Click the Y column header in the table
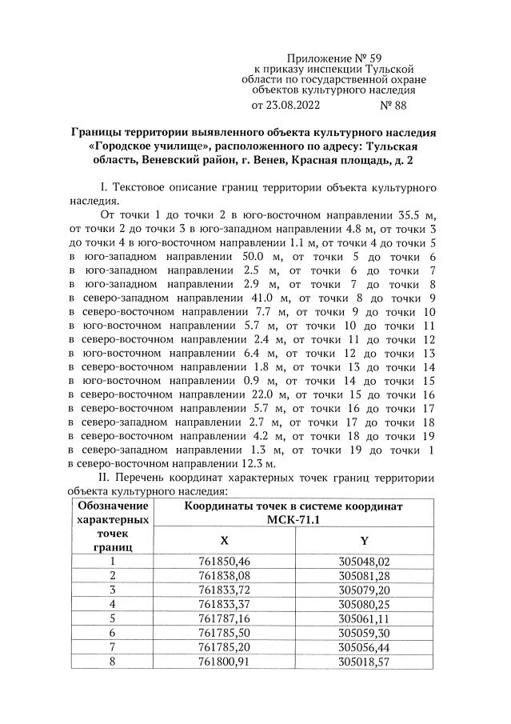(x=364, y=540)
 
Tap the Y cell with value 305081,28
(x=364, y=575)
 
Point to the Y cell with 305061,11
(x=364, y=618)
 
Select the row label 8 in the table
(x=113, y=662)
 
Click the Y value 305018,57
(x=364, y=662)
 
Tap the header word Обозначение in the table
(x=113, y=506)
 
